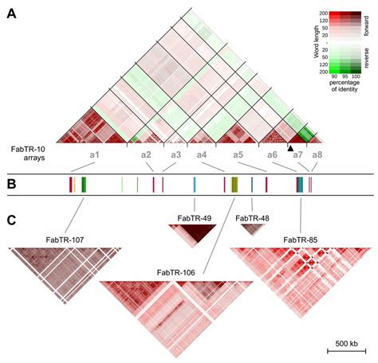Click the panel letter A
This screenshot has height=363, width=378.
12,14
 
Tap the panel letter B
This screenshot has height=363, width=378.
12,185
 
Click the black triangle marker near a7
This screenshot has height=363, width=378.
291,147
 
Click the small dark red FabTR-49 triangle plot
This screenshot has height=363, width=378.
192,232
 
